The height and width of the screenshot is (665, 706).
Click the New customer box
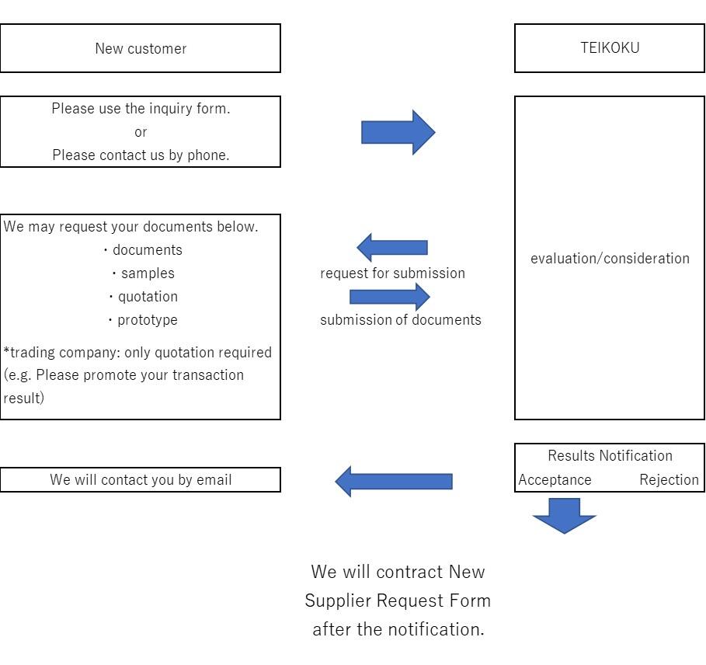[x=140, y=48]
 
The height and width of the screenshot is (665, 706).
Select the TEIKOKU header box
[x=610, y=48]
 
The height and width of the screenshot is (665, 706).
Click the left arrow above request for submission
[x=392, y=248]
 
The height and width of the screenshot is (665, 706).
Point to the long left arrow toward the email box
[x=393, y=482]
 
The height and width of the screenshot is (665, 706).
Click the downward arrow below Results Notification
[x=565, y=515]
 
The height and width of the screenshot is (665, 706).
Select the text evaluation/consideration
[x=610, y=259]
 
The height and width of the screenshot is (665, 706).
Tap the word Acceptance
[x=555, y=480]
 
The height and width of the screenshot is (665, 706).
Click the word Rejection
[x=669, y=480]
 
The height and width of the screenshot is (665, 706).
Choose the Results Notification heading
[x=610, y=456]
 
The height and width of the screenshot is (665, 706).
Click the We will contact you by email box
[x=141, y=480]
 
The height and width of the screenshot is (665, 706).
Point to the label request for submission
[x=392, y=273]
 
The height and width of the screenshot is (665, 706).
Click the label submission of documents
[x=400, y=320]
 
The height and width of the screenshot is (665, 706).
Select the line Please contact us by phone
[x=141, y=155]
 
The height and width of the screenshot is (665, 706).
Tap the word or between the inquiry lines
[x=141, y=132]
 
